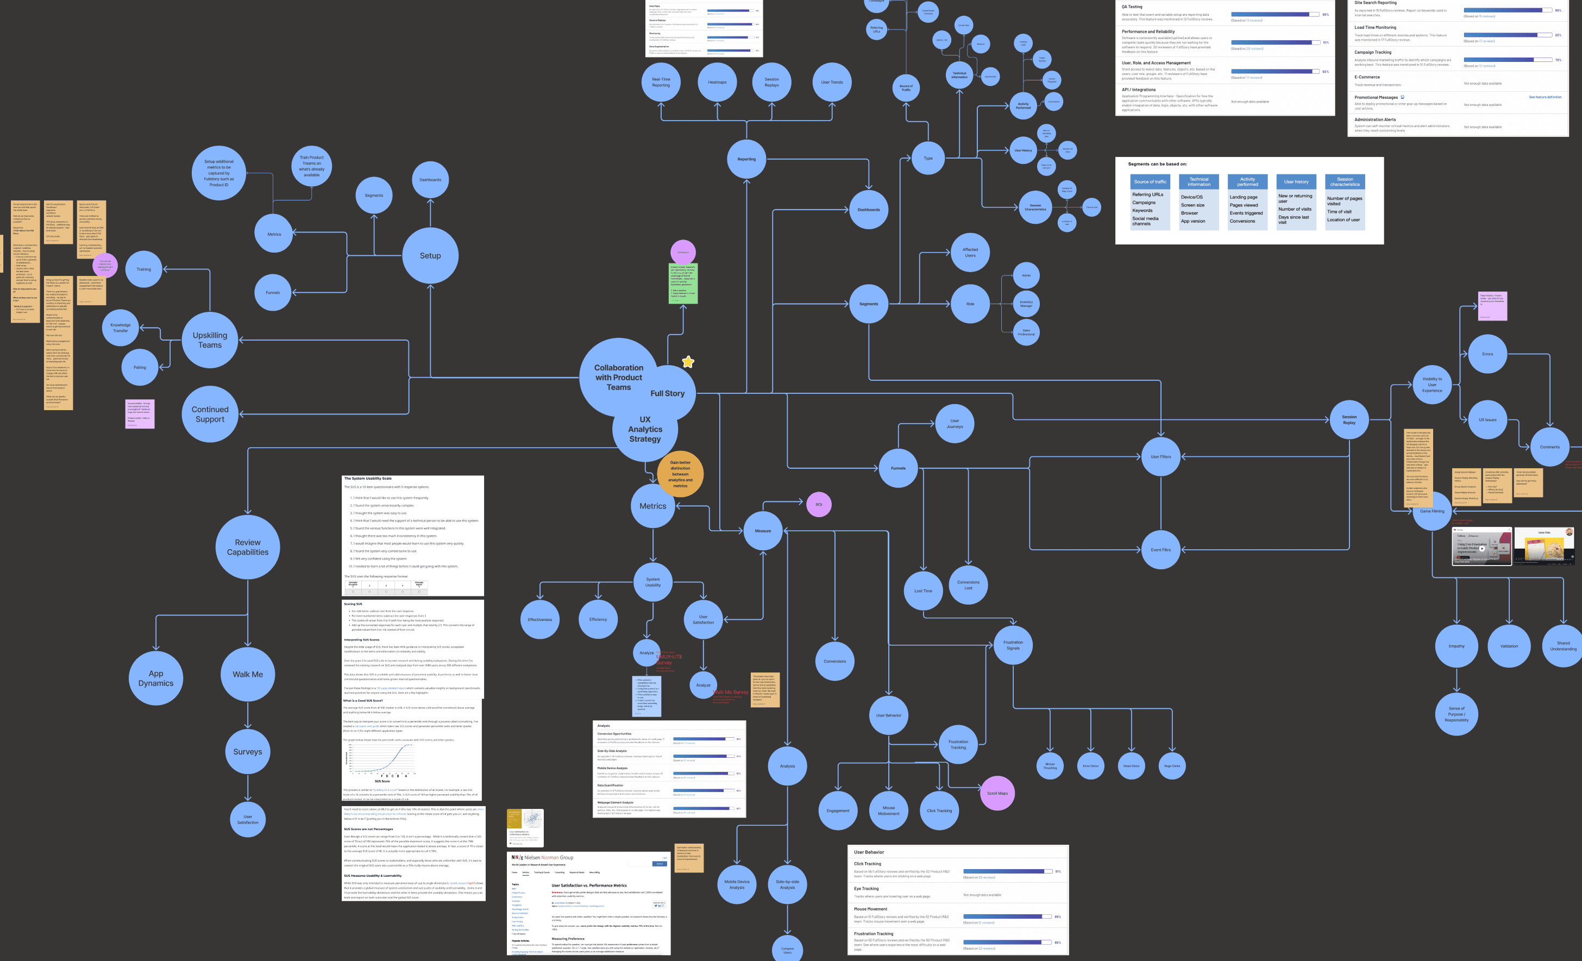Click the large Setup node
[x=430, y=255]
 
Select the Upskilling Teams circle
[x=210, y=340]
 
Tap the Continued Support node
[x=210, y=414]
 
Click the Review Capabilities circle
[x=248, y=547]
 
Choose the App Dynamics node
[x=156, y=679]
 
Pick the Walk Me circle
[x=248, y=674]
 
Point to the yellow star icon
[x=688, y=362]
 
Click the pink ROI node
[x=819, y=505]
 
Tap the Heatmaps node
[x=717, y=82]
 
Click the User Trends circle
[x=832, y=82]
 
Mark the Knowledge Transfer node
[x=121, y=328]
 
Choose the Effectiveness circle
[x=540, y=619]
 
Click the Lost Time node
[x=923, y=591]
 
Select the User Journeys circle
[x=955, y=424]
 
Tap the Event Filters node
[x=1161, y=550]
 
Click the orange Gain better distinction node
[x=680, y=474]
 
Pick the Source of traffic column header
[x=1151, y=181]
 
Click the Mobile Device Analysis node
[x=737, y=884]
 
